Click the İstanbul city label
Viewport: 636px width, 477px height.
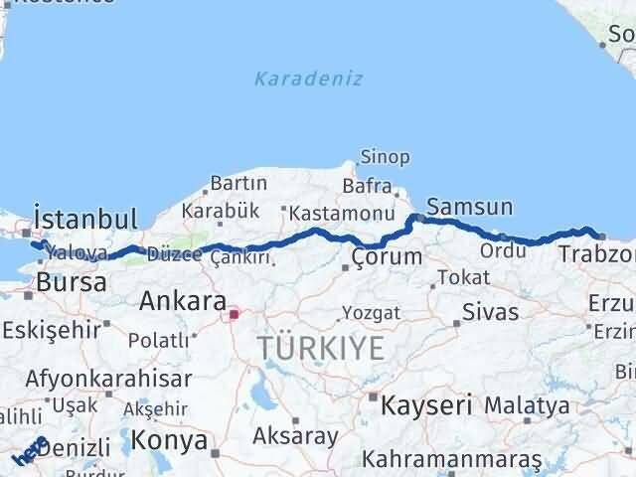84,219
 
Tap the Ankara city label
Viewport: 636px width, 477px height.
183,300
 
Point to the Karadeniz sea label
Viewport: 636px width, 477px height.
308,79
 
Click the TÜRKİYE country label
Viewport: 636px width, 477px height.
321,348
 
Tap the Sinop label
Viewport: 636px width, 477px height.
385,157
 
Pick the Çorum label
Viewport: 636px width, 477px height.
388,257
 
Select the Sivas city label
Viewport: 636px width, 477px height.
490,312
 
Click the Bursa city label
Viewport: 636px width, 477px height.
71,282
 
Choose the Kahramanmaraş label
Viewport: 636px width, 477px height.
452,460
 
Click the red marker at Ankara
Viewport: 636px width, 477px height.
235,315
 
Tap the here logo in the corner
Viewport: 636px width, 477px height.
29,453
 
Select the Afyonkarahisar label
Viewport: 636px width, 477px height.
109,379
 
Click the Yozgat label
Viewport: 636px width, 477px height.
371,313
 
